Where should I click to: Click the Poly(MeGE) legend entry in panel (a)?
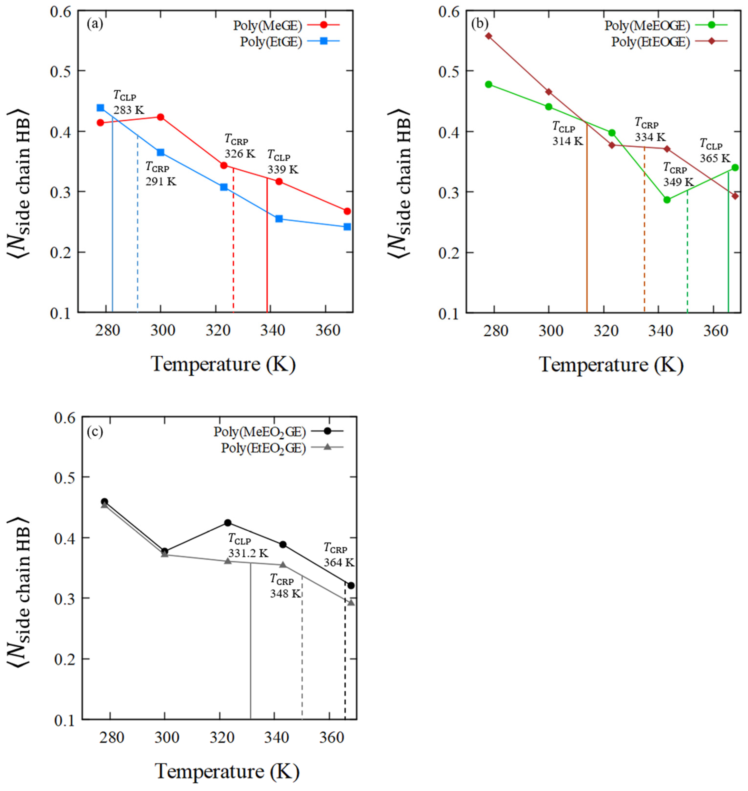click(268, 26)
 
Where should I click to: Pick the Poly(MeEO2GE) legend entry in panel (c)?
click(260, 432)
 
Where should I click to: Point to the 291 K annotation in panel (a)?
click(161, 182)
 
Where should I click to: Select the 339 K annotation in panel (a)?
click(283, 170)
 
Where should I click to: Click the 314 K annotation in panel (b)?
click(567, 141)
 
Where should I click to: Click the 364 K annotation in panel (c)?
click(338, 563)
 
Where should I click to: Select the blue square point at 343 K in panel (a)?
click(279, 219)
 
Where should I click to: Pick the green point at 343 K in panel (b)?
click(667, 200)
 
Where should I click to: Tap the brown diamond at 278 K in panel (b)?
click(488, 36)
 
